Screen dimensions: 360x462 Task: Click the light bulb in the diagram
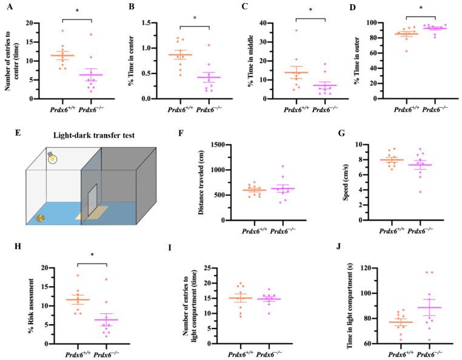click(x=53, y=159)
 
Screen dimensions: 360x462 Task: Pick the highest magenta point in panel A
click(x=92, y=35)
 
